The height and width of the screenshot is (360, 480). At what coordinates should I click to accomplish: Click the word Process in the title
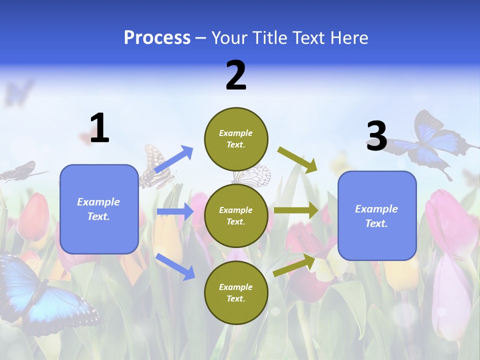(157, 38)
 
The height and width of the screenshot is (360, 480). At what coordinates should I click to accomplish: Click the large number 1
(99, 128)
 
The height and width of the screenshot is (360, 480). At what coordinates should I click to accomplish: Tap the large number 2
(236, 75)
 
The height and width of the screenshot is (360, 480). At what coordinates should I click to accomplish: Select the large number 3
(376, 136)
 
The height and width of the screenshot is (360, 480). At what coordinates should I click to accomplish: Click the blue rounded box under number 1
(99, 209)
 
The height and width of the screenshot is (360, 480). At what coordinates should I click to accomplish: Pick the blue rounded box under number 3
(377, 215)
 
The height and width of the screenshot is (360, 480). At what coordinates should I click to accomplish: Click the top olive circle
(236, 139)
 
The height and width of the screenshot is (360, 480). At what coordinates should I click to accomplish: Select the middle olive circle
(236, 215)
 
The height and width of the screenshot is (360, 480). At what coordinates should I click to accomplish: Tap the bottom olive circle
(236, 292)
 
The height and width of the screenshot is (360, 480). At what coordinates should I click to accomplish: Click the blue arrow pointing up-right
(174, 159)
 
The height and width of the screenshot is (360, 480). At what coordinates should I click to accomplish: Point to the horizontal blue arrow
(175, 211)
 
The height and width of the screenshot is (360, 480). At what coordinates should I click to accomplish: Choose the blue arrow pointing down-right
(175, 266)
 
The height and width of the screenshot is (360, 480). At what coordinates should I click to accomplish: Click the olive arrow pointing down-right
(297, 159)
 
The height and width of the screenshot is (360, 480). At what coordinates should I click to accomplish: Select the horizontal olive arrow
(296, 210)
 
